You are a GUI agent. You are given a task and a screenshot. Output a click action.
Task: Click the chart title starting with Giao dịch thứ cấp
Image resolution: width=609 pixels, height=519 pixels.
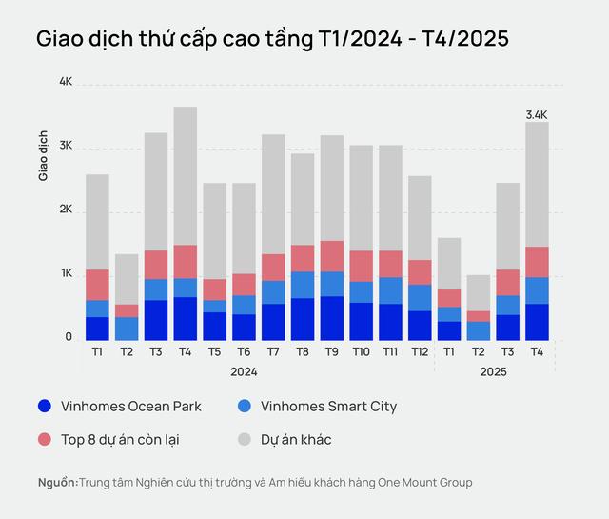(272, 39)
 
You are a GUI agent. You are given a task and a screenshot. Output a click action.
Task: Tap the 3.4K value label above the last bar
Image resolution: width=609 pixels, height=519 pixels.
(537, 114)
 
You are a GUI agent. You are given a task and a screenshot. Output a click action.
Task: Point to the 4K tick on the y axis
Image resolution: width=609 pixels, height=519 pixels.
(66, 83)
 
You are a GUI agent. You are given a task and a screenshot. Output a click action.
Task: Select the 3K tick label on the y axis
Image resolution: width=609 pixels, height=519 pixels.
(66, 147)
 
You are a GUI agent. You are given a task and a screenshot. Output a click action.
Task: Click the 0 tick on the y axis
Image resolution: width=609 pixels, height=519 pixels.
(69, 337)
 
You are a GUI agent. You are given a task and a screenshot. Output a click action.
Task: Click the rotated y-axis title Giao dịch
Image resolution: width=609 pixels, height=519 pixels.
(44, 157)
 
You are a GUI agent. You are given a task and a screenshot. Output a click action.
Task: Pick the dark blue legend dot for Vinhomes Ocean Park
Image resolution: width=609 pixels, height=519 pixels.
(45, 407)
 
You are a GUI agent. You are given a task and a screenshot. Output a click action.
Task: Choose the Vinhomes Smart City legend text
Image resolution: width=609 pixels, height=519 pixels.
(328, 407)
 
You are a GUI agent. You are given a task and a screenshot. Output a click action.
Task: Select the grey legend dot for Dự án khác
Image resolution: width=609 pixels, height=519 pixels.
(245, 440)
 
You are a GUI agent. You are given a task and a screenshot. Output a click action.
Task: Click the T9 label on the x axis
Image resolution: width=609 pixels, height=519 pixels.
(332, 352)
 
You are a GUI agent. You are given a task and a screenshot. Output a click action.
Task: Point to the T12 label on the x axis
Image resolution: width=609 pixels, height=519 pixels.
(420, 352)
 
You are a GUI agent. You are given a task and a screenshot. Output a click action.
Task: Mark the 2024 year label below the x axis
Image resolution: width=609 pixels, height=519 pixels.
(244, 371)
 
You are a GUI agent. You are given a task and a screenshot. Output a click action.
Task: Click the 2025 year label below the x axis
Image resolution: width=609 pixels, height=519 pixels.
(493, 371)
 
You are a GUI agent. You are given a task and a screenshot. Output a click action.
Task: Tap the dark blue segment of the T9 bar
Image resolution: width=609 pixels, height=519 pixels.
(332, 318)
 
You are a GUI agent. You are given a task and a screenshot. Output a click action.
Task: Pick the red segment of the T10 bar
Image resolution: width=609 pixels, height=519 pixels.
(361, 266)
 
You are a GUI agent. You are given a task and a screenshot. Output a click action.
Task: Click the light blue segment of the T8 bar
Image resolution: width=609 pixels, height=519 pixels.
(303, 285)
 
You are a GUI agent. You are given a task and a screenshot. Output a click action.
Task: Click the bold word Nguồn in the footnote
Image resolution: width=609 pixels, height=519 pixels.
(57, 483)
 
